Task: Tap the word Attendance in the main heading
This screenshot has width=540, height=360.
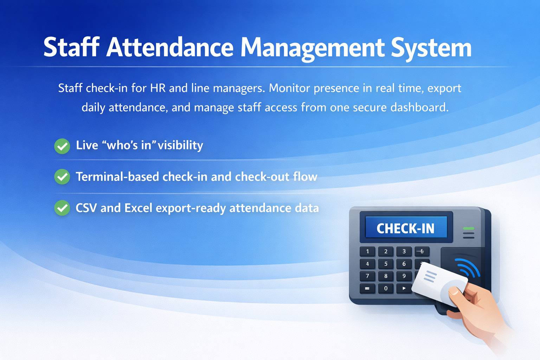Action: click(170, 47)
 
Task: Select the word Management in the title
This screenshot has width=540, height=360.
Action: click(313, 48)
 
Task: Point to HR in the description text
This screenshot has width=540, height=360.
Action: click(157, 88)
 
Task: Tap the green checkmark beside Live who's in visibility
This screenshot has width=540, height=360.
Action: click(62, 146)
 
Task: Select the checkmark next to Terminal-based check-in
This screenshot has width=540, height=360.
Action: click(62, 177)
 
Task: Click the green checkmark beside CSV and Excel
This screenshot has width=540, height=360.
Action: click(62, 208)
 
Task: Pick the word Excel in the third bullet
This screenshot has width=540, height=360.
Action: click(138, 208)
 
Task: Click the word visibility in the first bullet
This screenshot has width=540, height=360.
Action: click(180, 145)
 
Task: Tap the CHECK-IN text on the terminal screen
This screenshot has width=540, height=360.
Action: click(405, 229)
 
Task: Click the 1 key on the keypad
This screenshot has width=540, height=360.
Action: click(368, 251)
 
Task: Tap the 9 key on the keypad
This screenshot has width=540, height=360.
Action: click(404, 276)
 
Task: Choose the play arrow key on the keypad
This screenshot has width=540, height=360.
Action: click(404, 289)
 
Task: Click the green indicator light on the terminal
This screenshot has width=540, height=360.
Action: click(469, 229)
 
